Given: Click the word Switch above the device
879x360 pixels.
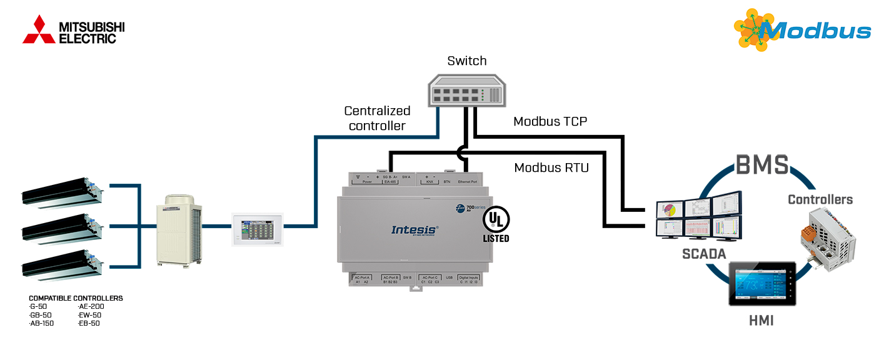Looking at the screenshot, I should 467,61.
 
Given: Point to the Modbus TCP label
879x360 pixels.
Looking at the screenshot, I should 550,121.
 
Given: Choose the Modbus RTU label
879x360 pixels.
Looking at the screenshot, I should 551,167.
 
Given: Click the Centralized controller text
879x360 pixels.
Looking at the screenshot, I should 378,118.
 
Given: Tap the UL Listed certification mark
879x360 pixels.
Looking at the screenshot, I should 496,224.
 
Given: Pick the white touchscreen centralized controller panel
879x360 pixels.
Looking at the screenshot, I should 258,229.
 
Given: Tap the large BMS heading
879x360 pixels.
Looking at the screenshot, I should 761,166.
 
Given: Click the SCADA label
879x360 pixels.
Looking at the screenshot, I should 704,254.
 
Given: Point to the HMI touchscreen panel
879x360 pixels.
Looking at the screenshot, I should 762,284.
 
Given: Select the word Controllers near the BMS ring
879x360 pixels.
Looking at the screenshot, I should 820,199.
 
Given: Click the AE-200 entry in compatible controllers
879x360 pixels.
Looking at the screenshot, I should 91,306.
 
